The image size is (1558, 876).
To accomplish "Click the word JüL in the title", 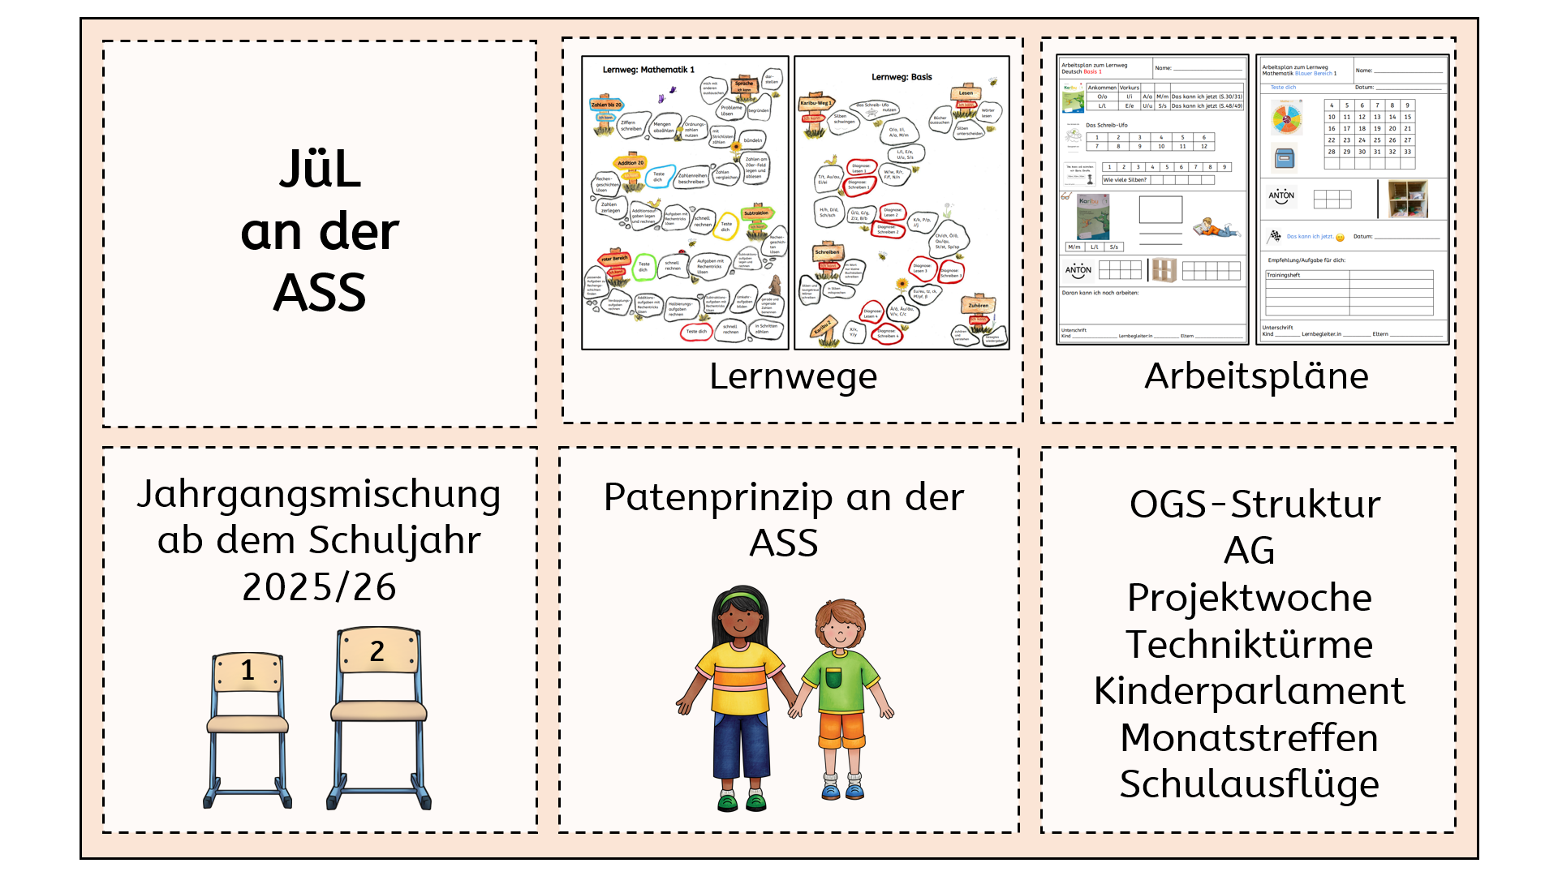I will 321,170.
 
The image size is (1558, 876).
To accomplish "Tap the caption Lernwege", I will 793,376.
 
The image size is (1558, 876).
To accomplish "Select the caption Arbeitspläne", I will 1255,376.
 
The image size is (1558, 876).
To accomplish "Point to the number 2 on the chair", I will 377,651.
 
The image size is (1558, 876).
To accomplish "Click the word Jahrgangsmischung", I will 318,495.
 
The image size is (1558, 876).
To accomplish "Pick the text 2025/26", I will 319,587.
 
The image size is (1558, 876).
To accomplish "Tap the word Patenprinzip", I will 714,498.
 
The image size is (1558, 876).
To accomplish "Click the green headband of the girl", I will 739,600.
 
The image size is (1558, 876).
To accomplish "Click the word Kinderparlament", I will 1249,691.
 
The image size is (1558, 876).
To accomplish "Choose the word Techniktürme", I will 1249,645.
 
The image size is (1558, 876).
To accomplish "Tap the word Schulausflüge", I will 1249,784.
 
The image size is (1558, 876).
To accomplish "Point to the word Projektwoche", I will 1249,599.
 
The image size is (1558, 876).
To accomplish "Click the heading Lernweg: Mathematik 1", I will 648,71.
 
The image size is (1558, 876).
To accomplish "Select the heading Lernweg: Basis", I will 902,77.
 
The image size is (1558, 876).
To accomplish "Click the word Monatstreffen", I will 1249,738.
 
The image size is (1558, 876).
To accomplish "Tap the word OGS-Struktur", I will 1255,505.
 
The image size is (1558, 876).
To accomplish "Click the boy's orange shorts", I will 841,728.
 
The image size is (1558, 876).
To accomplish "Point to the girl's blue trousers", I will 740,742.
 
